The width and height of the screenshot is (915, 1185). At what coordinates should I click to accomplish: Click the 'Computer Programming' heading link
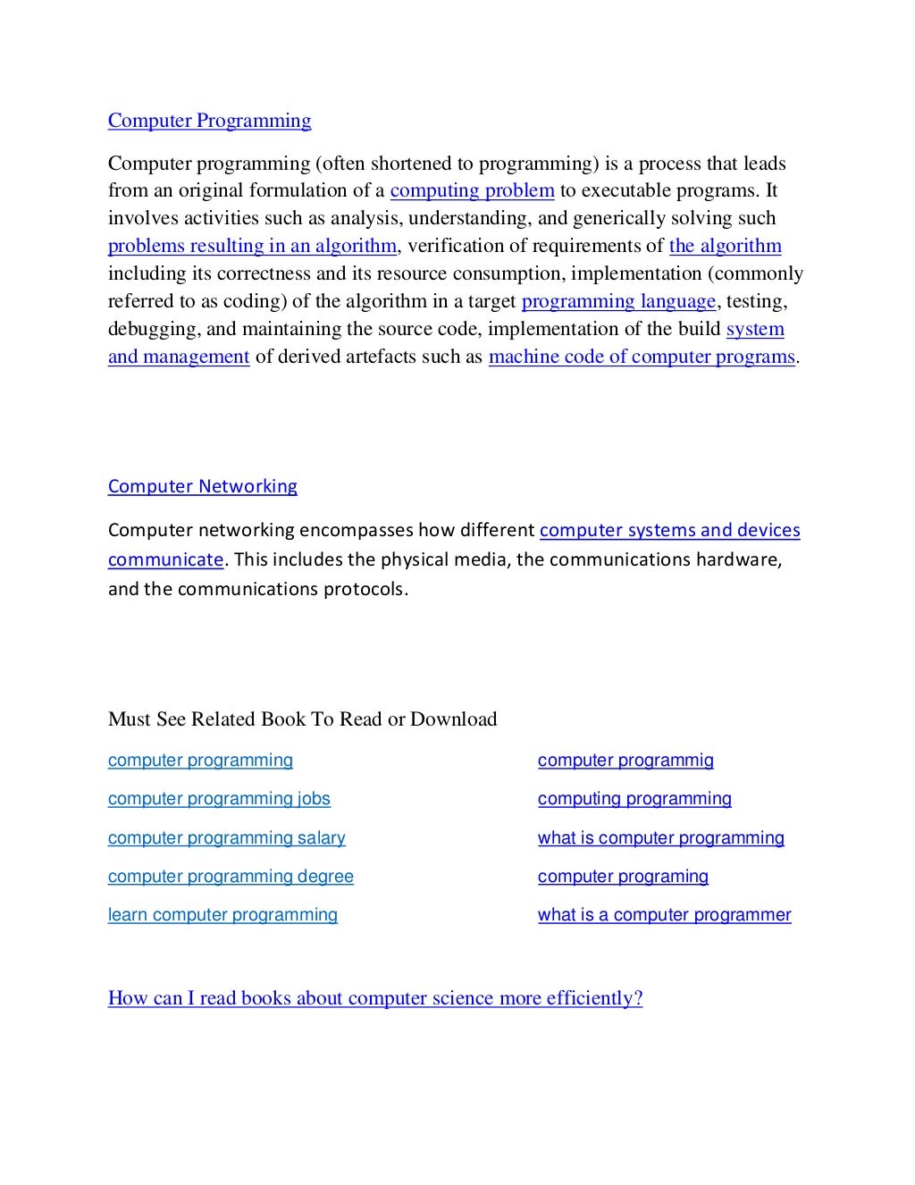tap(209, 121)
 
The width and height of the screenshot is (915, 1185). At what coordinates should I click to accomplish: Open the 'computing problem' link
tap(472, 190)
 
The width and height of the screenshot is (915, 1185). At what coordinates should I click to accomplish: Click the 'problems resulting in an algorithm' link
tap(251, 246)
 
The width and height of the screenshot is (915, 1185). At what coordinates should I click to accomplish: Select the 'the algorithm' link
tap(725, 246)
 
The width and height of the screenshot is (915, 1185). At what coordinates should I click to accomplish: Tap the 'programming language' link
tap(618, 301)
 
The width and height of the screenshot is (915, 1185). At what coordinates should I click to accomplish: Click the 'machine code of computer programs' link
tap(642, 357)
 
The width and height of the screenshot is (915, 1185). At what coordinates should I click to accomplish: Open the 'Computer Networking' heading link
tap(202, 486)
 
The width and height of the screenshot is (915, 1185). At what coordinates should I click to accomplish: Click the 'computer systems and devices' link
tap(669, 530)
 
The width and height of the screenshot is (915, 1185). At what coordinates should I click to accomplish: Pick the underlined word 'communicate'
tap(165, 559)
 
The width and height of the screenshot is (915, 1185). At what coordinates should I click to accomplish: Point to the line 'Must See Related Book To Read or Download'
tap(302, 719)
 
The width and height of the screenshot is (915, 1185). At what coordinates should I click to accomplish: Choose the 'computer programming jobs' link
tap(219, 799)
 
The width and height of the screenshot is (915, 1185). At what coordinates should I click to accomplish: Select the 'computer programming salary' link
tap(226, 838)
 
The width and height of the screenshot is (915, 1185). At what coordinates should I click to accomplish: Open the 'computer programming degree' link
tap(231, 877)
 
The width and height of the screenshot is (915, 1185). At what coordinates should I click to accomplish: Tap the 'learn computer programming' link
tap(222, 915)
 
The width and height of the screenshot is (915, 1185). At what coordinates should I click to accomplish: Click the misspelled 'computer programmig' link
tap(625, 761)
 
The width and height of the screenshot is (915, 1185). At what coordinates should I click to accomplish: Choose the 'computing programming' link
tap(634, 799)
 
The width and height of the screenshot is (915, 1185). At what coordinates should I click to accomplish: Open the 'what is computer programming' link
tap(660, 838)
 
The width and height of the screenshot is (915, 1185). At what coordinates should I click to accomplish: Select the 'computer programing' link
tap(623, 877)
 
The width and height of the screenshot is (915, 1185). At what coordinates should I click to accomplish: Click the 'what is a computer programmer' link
tap(664, 915)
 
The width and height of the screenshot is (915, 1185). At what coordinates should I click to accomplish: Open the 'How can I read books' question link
tap(375, 998)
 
